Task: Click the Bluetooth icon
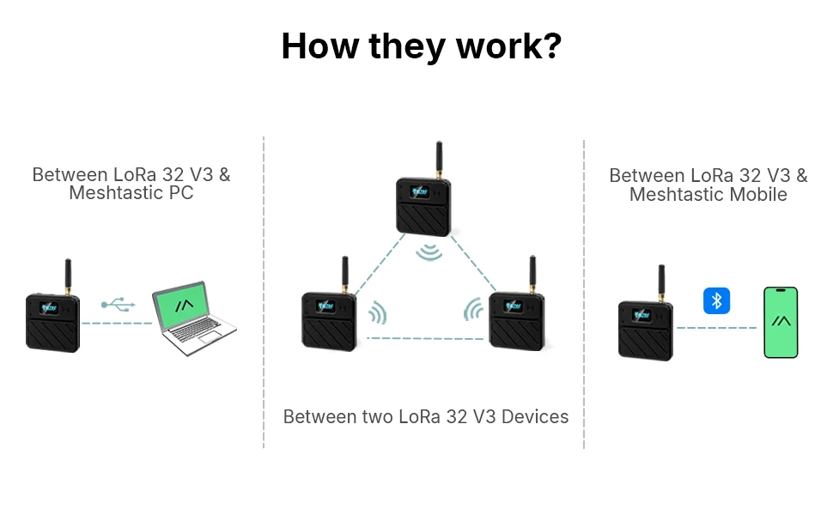[716, 300]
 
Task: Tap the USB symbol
[118, 304]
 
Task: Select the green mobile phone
[781, 322]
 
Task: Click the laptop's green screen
[181, 305]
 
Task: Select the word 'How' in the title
[319, 45]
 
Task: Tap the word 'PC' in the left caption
[181, 193]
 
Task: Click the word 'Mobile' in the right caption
[758, 194]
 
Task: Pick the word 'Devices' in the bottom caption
[535, 417]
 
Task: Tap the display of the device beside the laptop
[50, 307]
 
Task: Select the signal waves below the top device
[429, 252]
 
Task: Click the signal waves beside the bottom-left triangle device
[378, 312]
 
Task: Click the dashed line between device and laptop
[117, 324]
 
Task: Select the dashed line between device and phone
[717, 328]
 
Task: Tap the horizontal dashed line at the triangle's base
[425, 338]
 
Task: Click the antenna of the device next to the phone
[661, 283]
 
